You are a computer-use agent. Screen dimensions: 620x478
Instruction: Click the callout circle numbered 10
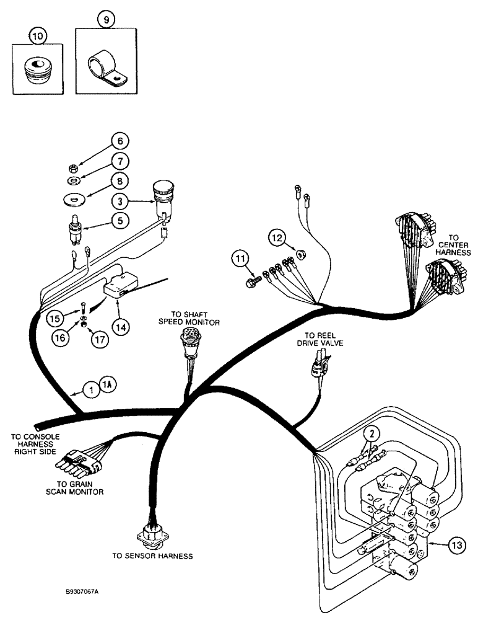click(38, 37)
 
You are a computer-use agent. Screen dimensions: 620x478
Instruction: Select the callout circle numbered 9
click(106, 20)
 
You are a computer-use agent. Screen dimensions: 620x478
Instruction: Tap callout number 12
click(276, 237)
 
